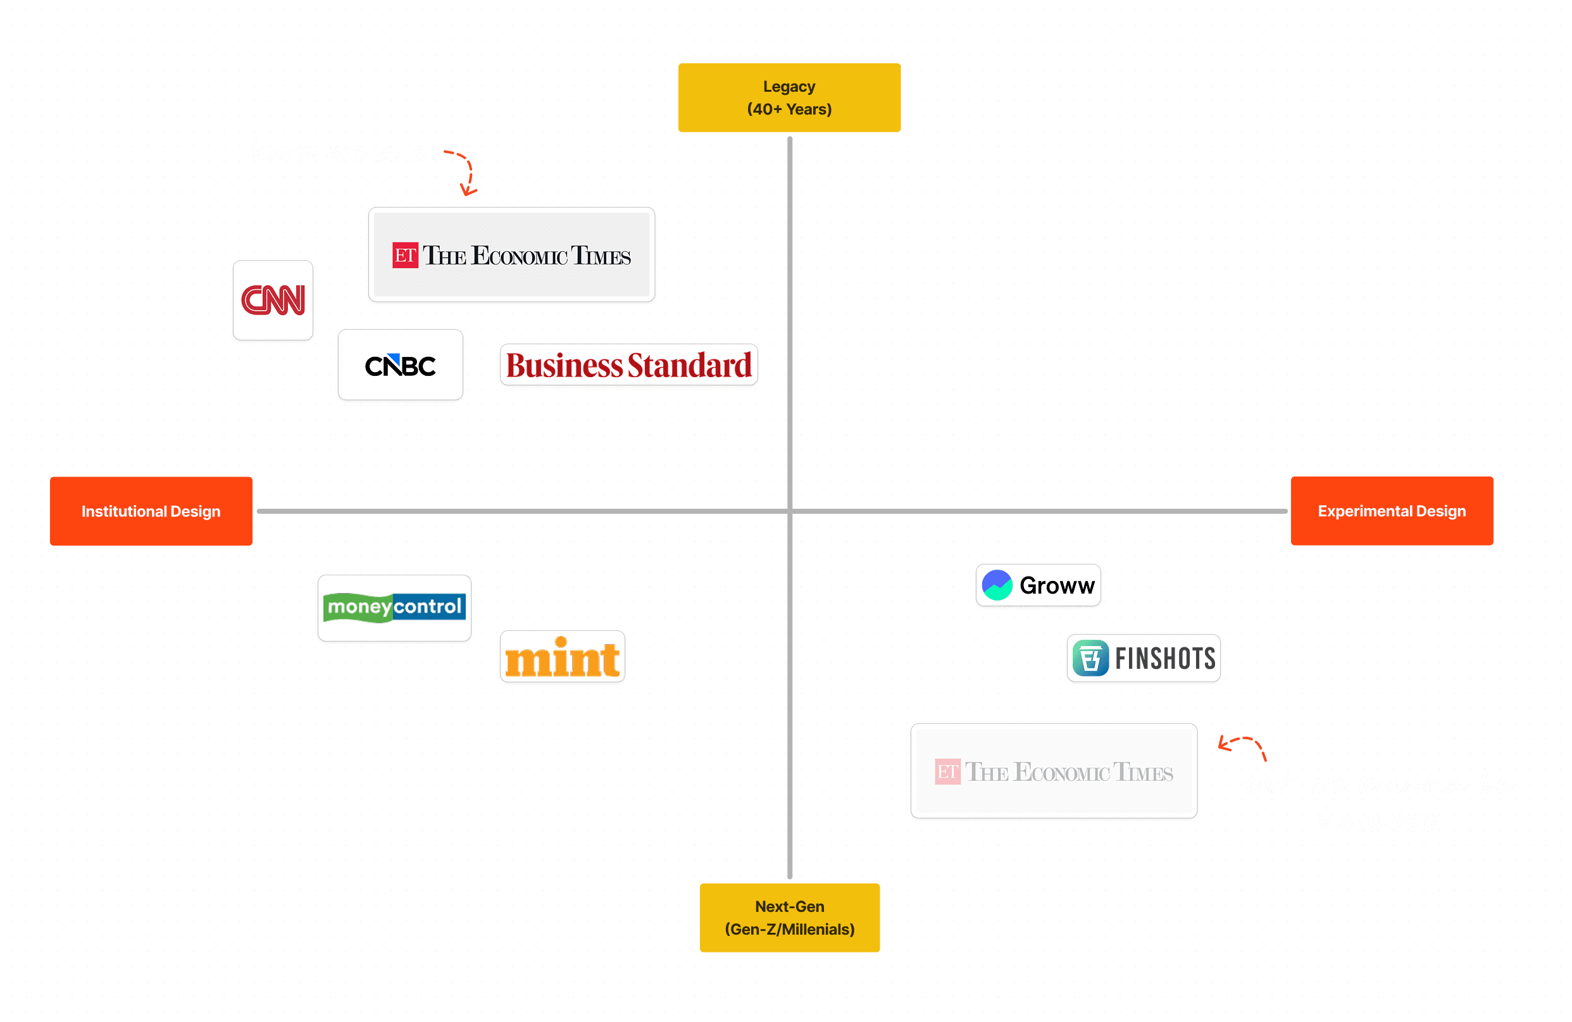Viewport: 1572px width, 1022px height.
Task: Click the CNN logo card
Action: [x=273, y=301]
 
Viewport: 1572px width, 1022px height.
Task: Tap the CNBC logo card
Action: [x=400, y=365]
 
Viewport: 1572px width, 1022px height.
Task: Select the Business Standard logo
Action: [x=628, y=365]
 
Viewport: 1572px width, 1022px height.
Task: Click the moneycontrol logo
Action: [x=394, y=608]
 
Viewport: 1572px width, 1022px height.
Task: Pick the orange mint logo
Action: [x=562, y=657]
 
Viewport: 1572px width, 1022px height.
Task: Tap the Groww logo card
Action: [x=1038, y=585]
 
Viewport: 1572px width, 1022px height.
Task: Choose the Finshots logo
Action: [x=1144, y=658]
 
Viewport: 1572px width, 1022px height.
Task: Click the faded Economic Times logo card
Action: [x=1054, y=771]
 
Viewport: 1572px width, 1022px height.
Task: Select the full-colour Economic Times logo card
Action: [x=511, y=255]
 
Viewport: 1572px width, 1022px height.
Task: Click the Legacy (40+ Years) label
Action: [x=789, y=98]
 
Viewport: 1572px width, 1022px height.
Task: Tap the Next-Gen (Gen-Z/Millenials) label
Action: [x=789, y=918]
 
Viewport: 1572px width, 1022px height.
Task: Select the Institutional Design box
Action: [x=151, y=511]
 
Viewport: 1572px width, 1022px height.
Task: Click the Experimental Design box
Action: [x=1392, y=511]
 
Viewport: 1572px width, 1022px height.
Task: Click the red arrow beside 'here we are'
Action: [x=464, y=171]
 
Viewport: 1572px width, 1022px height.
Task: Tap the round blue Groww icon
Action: [x=997, y=585]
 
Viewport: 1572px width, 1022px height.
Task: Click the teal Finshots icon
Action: [x=1090, y=658]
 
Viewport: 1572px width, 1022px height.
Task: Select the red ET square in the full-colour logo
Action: [x=405, y=255]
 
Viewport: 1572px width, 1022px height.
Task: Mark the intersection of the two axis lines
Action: [x=789, y=511]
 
